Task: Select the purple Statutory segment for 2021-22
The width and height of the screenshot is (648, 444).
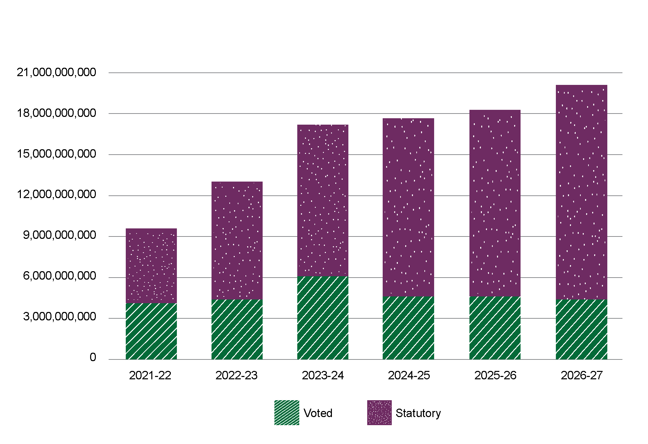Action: coord(151,265)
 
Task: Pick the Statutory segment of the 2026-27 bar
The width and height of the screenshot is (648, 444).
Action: coord(581,192)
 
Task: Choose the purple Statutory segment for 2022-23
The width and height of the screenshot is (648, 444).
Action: coord(237,241)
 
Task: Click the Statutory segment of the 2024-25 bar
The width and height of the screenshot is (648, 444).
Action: coord(409,207)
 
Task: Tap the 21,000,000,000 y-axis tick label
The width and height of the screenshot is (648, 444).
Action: coord(56,72)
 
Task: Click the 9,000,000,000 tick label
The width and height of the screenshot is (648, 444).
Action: coord(60,235)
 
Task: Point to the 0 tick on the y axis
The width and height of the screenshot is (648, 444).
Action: coord(93,357)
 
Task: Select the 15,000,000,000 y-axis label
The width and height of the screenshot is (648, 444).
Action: coord(56,154)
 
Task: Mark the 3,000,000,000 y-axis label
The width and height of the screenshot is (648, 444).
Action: coord(60,317)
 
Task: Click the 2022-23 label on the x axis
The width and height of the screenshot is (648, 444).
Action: coord(236,375)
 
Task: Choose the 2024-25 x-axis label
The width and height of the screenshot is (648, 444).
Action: coord(409,375)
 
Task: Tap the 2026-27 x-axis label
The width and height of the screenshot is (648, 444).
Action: coord(582,375)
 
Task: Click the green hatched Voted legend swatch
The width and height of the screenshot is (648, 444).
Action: coord(287,413)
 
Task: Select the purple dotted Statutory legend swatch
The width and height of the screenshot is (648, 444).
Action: coord(379,413)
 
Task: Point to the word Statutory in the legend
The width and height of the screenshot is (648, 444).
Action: coord(418,413)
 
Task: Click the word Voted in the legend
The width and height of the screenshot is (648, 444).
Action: coord(318,413)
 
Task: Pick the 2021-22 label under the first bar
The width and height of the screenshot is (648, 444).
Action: coord(150,375)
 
